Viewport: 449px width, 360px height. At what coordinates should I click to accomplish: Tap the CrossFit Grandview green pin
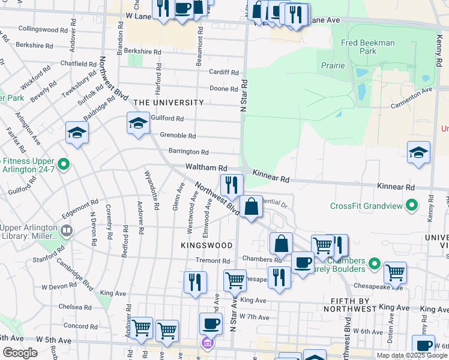[412, 206]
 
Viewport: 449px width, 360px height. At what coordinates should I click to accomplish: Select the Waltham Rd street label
[206, 168]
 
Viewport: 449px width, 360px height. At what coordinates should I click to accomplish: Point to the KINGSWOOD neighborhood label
[206, 245]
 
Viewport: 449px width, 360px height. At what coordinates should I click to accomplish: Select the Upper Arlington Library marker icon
[67, 230]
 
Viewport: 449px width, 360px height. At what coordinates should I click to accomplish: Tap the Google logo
[20, 353]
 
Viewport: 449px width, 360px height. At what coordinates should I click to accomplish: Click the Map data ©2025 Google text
[412, 355]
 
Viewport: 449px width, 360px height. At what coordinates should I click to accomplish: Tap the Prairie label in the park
[333, 65]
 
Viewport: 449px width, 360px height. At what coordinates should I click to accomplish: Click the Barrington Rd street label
[188, 152]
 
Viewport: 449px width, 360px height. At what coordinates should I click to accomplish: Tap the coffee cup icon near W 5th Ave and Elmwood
[211, 324]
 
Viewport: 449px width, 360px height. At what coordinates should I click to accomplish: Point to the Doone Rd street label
[224, 89]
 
